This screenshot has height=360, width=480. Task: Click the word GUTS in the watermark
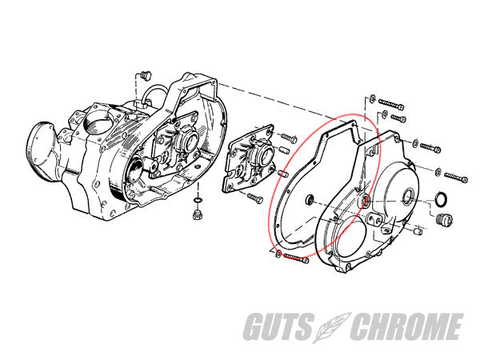coord(298,327)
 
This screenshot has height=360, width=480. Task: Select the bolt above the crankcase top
coord(145,74)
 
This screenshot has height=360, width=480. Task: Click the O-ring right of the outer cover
coord(439,198)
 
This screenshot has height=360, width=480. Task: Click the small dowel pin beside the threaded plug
coord(418,231)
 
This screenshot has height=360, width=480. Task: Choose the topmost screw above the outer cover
coord(390,104)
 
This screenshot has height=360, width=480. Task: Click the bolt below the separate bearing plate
coord(254,197)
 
